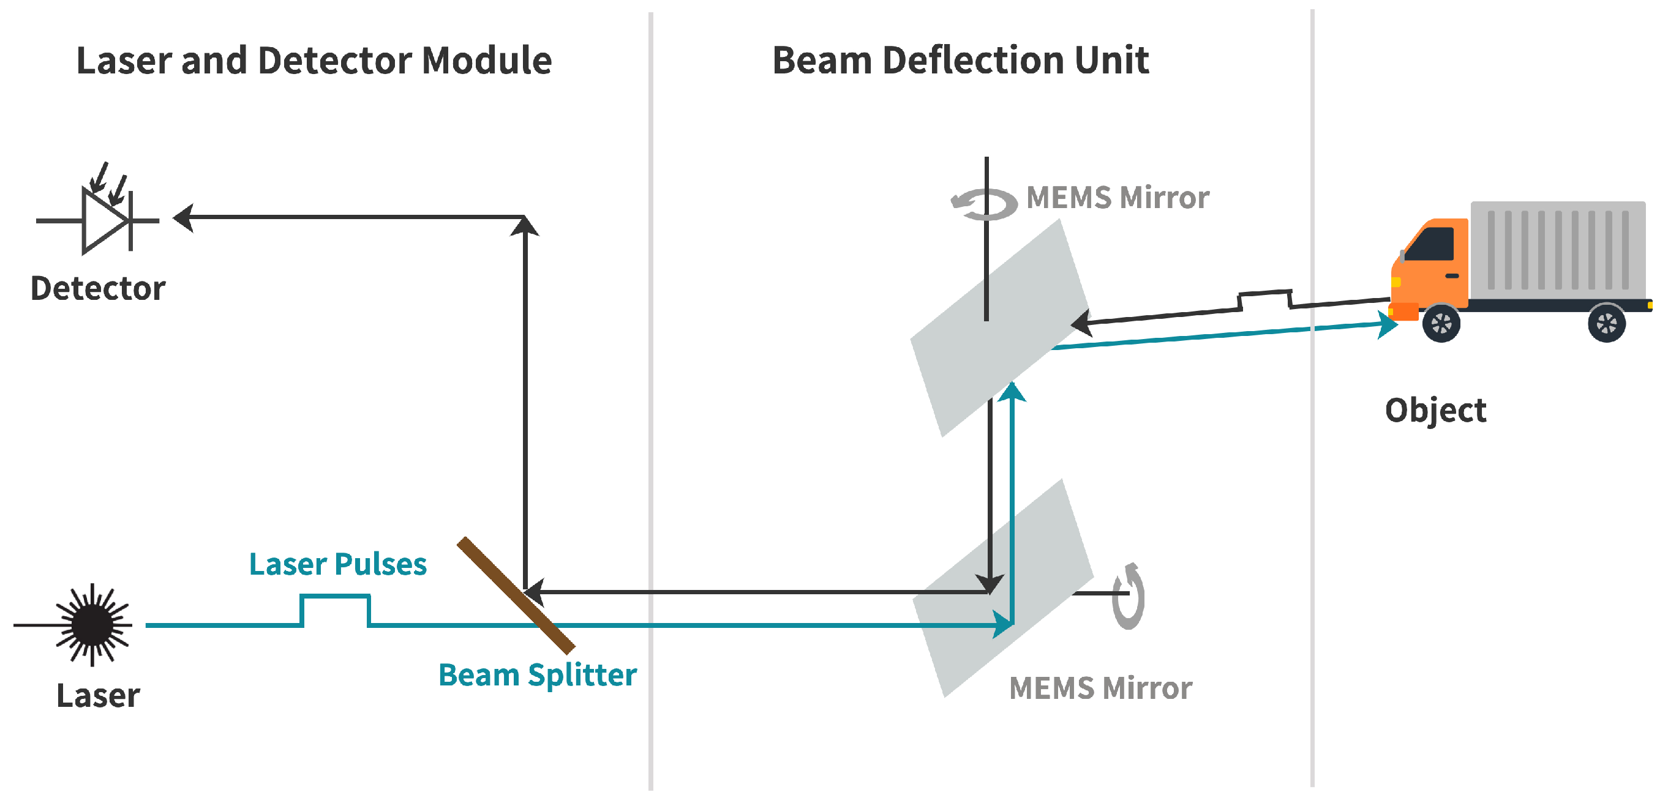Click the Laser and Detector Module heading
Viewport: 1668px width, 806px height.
[314, 61]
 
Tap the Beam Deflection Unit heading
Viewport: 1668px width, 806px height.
[960, 61]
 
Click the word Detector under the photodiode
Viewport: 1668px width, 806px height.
[98, 288]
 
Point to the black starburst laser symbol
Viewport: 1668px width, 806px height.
[92, 625]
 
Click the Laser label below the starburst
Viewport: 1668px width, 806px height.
[98, 696]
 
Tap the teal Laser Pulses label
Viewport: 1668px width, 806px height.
[337, 564]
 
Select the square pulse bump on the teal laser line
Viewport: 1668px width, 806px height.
[335, 608]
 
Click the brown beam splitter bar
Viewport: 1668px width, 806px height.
[516, 595]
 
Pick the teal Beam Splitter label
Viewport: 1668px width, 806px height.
[538, 674]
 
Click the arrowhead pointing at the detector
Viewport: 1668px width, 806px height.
[184, 217]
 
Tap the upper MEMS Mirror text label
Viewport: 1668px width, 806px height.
[1118, 198]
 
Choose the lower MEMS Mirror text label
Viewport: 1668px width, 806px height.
[1100, 687]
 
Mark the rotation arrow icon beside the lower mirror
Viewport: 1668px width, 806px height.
[1129, 595]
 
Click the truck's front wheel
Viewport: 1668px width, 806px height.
[1441, 323]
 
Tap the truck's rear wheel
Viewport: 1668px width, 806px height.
[1607, 323]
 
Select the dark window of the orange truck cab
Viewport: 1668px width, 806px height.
[1430, 245]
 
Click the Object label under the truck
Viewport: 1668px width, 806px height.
[1435, 411]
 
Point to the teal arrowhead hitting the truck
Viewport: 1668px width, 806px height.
[1386, 324]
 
